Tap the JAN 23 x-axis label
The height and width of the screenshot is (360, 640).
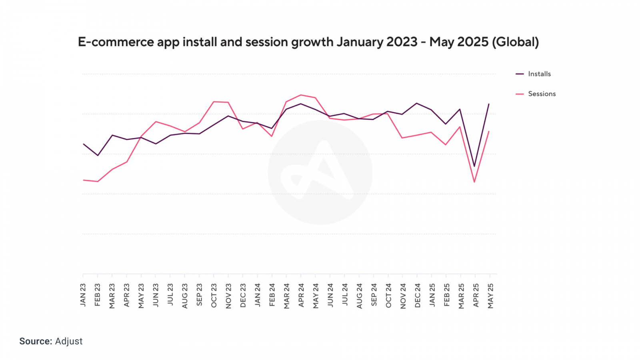[83, 295]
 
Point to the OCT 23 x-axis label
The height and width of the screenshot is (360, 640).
[214, 296]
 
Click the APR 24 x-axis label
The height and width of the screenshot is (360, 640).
[301, 296]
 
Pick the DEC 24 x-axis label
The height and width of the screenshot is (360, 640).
[418, 296]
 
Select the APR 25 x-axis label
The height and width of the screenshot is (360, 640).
[476, 296]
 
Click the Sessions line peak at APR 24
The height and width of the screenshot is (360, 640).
[301, 95]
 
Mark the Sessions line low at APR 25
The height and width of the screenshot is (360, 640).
[474, 182]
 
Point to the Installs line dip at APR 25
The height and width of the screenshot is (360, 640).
[474, 166]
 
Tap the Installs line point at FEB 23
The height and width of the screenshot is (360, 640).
[98, 155]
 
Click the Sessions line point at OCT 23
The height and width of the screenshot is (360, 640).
[214, 102]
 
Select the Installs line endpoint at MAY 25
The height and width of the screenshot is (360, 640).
[489, 104]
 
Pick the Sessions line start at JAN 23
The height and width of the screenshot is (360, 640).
[84, 180]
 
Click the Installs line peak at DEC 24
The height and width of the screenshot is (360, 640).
[417, 103]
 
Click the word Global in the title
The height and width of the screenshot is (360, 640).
[516, 42]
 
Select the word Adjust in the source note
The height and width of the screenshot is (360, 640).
[69, 341]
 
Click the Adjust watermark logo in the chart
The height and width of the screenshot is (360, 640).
[320, 172]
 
